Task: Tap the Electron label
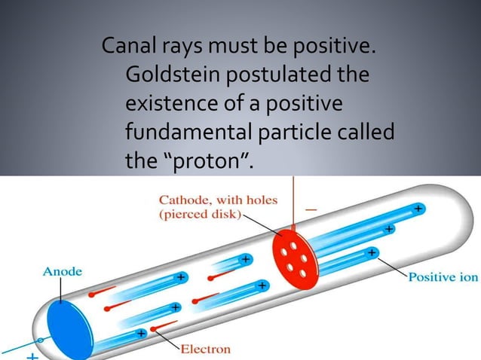point(206,349)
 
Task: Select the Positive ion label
point(443,277)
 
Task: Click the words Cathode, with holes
point(218,200)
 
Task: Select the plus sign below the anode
point(32,353)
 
